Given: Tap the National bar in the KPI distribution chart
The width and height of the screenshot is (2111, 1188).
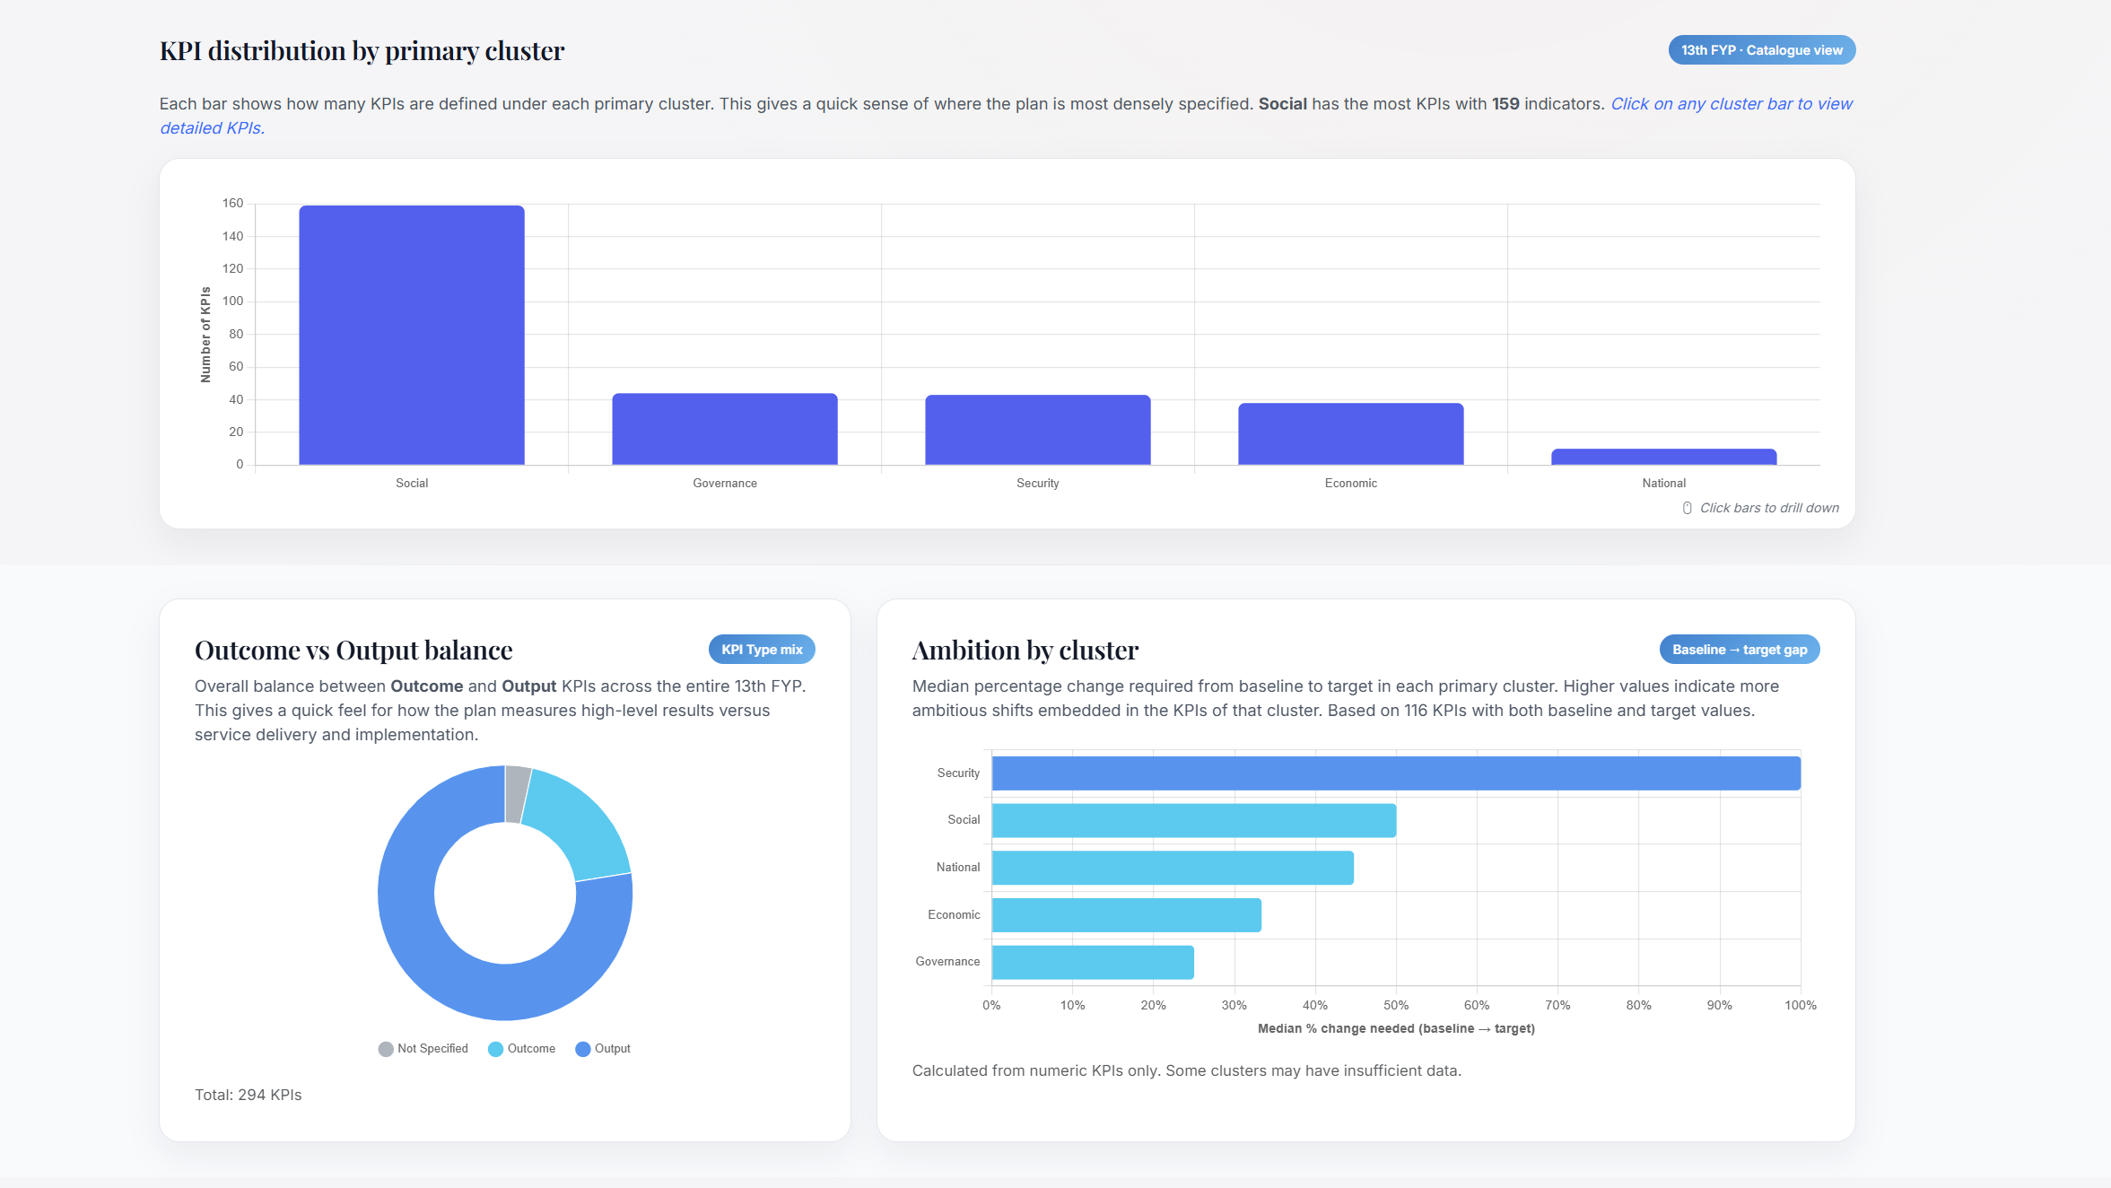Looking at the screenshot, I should [x=1663, y=457].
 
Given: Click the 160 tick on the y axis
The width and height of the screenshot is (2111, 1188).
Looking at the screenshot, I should [x=233, y=204].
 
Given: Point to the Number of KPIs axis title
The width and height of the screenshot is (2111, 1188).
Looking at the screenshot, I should [x=205, y=335].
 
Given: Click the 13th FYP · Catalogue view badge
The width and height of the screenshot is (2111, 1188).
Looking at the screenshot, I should [x=1761, y=50].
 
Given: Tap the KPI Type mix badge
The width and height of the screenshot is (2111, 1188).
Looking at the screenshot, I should [x=762, y=650].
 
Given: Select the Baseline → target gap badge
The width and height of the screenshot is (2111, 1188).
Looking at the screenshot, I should [x=1739, y=650].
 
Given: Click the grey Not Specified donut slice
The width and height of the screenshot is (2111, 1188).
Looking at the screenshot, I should [x=516, y=793].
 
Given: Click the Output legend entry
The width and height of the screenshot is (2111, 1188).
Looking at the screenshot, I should [x=603, y=1049].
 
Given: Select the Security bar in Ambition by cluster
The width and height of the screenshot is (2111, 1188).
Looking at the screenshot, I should [x=1395, y=773].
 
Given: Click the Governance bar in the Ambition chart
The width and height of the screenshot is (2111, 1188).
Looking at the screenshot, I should [x=1093, y=962].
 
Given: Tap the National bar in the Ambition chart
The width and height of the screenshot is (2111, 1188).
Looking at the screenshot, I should [x=1173, y=868].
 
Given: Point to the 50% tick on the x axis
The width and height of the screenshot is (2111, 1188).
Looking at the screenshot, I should [x=1396, y=1005].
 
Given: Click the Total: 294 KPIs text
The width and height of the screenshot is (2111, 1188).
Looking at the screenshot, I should [x=249, y=1095].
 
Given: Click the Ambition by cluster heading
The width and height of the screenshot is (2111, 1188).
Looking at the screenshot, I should [x=1025, y=650].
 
